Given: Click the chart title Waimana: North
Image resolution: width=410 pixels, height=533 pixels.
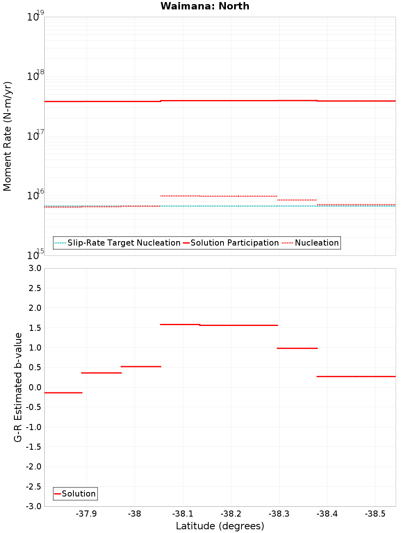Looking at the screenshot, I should [x=205, y=6].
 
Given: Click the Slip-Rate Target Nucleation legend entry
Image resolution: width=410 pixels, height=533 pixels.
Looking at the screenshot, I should [x=123, y=243].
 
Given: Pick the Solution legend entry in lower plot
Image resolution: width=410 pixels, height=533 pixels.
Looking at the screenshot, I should [x=78, y=494].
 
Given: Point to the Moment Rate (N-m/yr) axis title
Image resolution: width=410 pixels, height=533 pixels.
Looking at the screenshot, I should [x=7, y=136].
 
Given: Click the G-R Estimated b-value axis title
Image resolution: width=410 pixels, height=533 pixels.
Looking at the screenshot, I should [x=18, y=387].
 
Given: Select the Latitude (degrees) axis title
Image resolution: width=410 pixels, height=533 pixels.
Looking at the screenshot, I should [x=220, y=526].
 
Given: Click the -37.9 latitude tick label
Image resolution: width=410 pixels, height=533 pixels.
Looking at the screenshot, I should [x=87, y=514].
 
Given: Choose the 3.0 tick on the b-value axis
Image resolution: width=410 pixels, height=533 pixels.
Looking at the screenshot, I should [x=34, y=268].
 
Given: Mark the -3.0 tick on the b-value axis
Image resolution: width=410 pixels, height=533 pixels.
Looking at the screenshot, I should [x=33, y=506].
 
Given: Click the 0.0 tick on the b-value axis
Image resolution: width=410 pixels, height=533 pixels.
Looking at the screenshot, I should [x=34, y=387].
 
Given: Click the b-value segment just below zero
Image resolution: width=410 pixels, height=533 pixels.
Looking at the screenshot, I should [x=63, y=393].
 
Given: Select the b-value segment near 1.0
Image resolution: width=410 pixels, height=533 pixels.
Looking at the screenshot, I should [x=297, y=348].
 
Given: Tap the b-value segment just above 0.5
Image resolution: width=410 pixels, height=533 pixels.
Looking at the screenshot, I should [x=141, y=367].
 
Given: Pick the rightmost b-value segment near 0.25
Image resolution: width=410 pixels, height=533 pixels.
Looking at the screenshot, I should [x=356, y=376].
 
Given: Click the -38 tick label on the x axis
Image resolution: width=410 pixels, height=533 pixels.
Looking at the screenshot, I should [x=134, y=514].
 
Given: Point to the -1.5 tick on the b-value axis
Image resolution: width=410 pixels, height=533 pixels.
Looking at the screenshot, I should [x=33, y=447].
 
